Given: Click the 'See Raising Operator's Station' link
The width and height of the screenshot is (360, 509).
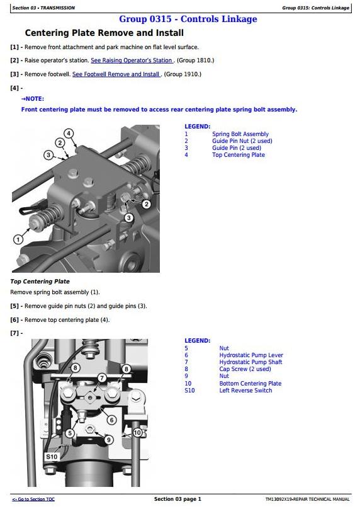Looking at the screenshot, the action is tap(132, 60).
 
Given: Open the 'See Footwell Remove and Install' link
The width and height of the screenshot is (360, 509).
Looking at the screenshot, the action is tap(116, 74).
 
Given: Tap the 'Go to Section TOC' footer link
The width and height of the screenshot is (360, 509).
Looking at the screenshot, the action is tap(33, 500).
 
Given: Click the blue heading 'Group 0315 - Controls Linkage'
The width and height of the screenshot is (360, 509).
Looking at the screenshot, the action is tap(188, 19).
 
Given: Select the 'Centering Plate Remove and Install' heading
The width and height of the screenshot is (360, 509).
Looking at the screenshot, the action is tap(104, 33).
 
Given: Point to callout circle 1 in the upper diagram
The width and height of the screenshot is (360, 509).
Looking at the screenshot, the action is tap(18, 239).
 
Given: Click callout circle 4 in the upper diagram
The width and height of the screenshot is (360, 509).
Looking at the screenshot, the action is tap(69, 134).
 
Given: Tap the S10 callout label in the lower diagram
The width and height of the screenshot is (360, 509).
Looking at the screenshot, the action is tap(52, 457).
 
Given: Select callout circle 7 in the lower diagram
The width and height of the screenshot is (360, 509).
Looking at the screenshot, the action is tap(102, 377).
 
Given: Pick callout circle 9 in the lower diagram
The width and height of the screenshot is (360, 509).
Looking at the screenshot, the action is tap(109, 440).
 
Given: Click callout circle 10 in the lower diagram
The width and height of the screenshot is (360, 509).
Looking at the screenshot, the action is tap(137, 432).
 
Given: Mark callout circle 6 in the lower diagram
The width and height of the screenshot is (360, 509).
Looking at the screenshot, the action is tap(112, 420).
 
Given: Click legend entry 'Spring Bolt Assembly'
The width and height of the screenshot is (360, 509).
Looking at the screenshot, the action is tap(240, 134).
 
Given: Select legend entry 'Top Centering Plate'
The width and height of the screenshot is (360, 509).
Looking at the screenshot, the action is tap(239, 155).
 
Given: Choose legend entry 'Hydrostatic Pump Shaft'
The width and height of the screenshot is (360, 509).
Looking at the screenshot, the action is tap(250, 362).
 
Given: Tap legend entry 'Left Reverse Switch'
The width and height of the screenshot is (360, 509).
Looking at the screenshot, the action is tap(245, 391).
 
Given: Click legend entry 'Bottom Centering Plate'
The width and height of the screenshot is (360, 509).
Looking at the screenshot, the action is tap(250, 384).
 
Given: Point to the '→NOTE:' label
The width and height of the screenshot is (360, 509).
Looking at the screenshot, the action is tap(33, 99).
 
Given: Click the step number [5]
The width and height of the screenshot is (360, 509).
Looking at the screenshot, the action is tap(14, 306).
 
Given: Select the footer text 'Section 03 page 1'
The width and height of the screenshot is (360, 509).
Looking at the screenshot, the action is tap(177, 499).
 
